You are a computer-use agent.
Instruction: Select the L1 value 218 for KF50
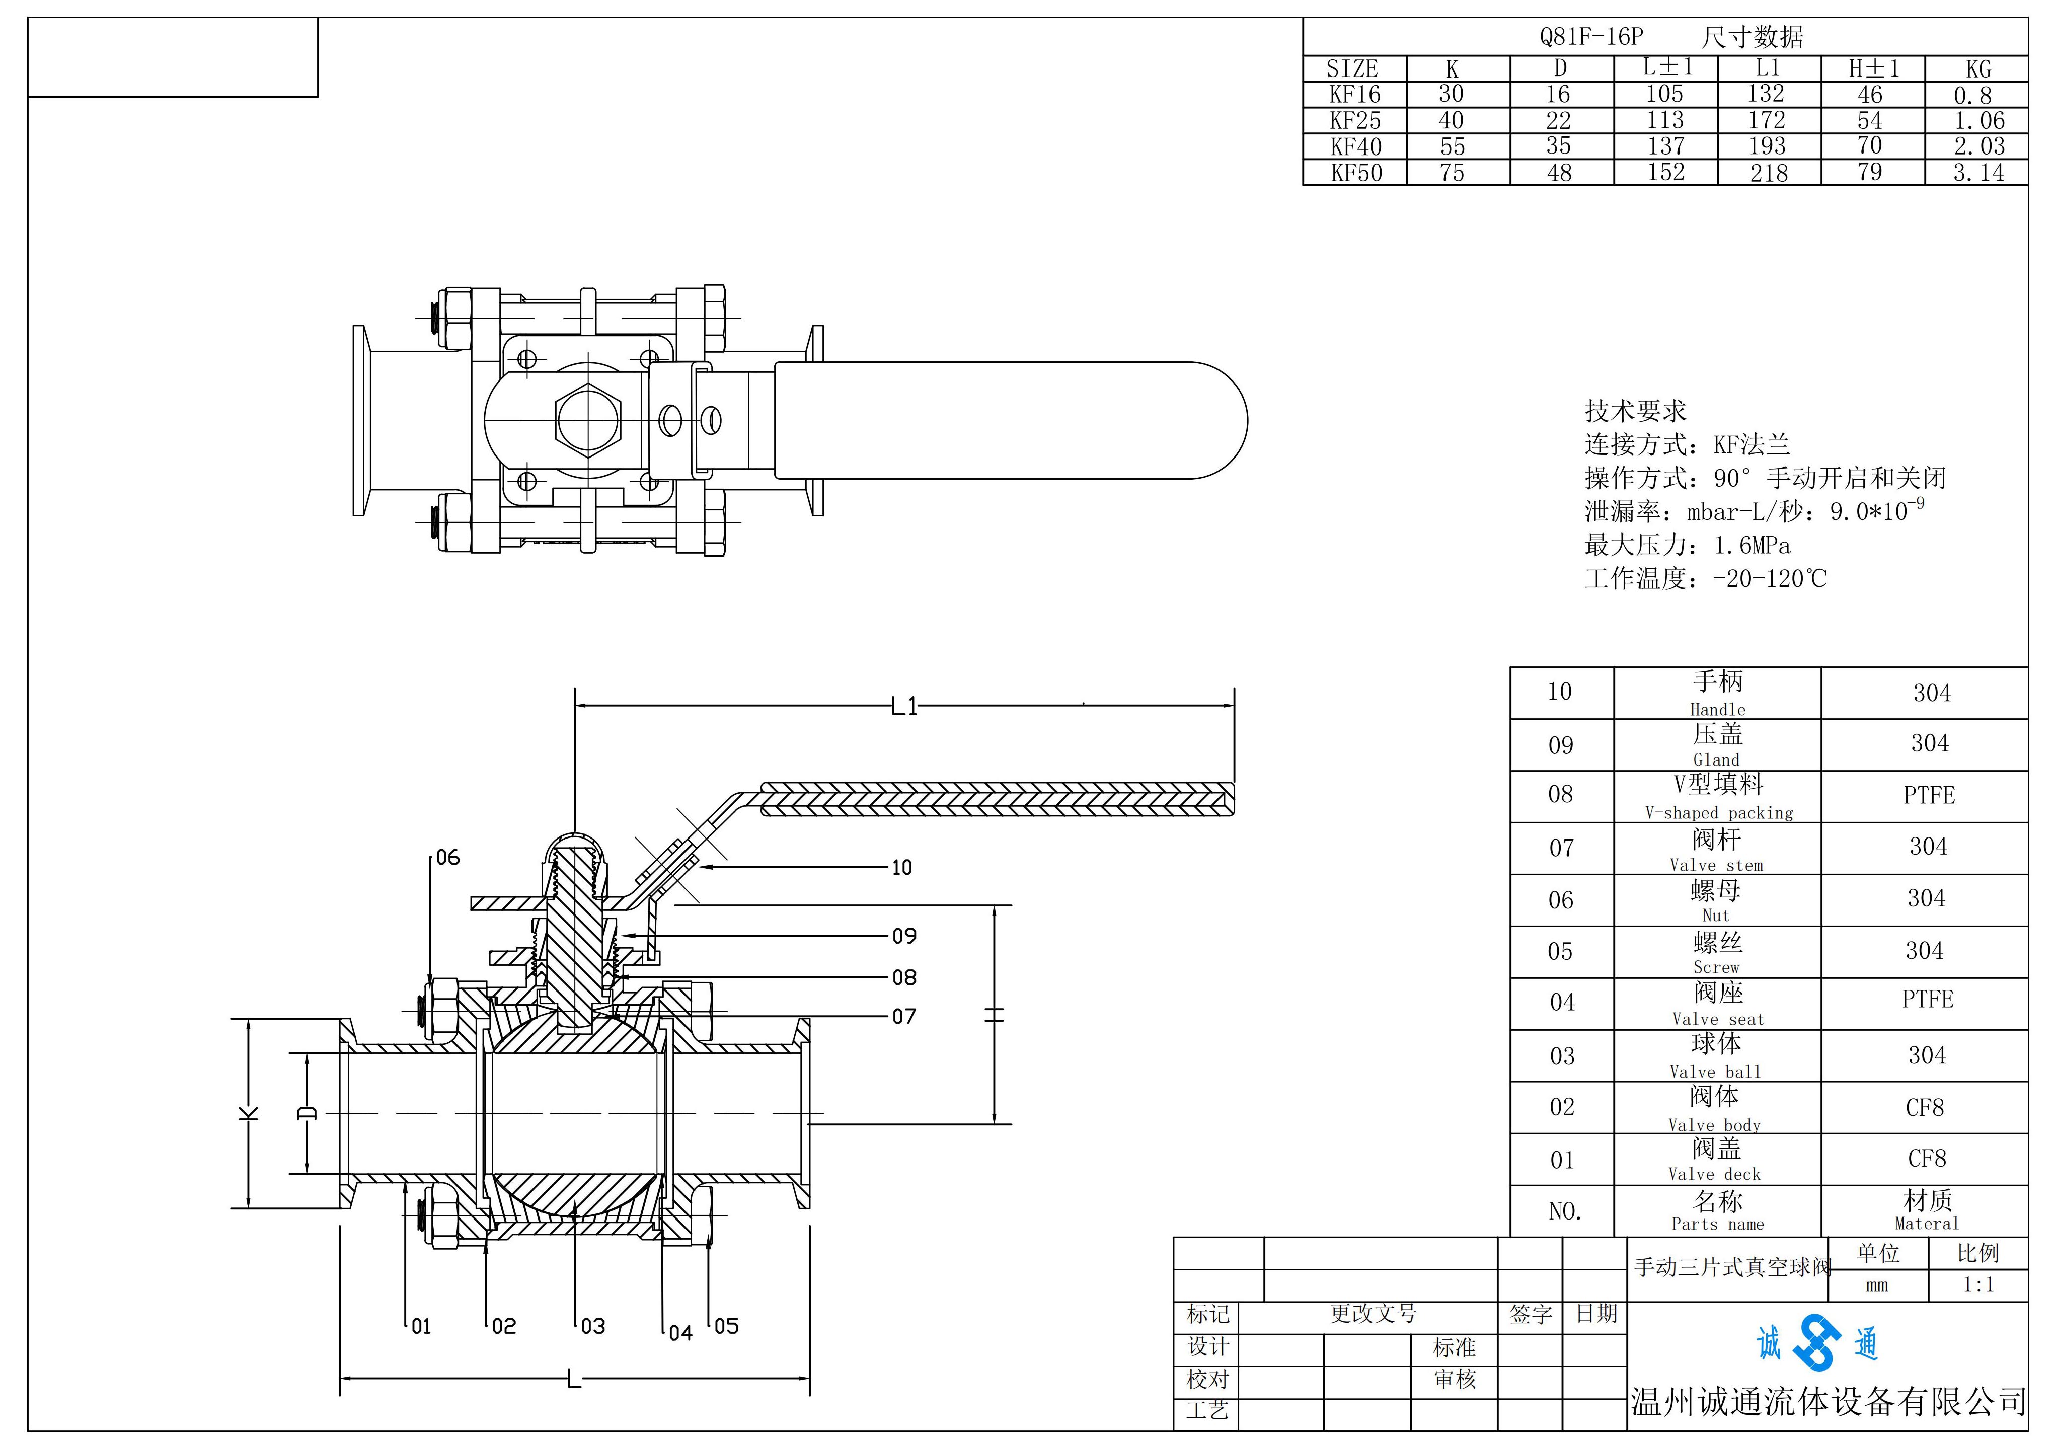(1769, 173)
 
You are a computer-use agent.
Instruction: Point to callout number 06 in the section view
(447, 857)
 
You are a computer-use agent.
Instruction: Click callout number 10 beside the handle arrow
(901, 867)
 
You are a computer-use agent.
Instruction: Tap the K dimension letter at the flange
(249, 1113)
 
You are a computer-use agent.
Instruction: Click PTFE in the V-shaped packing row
(1929, 795)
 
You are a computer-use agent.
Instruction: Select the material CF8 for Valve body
(1925, 1108)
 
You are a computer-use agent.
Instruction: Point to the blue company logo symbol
(1817, 1342)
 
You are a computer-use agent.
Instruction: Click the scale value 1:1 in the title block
(1978, 1285)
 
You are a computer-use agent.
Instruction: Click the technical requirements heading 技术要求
(1635, 411)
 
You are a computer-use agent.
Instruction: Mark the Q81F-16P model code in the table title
(1591, 37)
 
